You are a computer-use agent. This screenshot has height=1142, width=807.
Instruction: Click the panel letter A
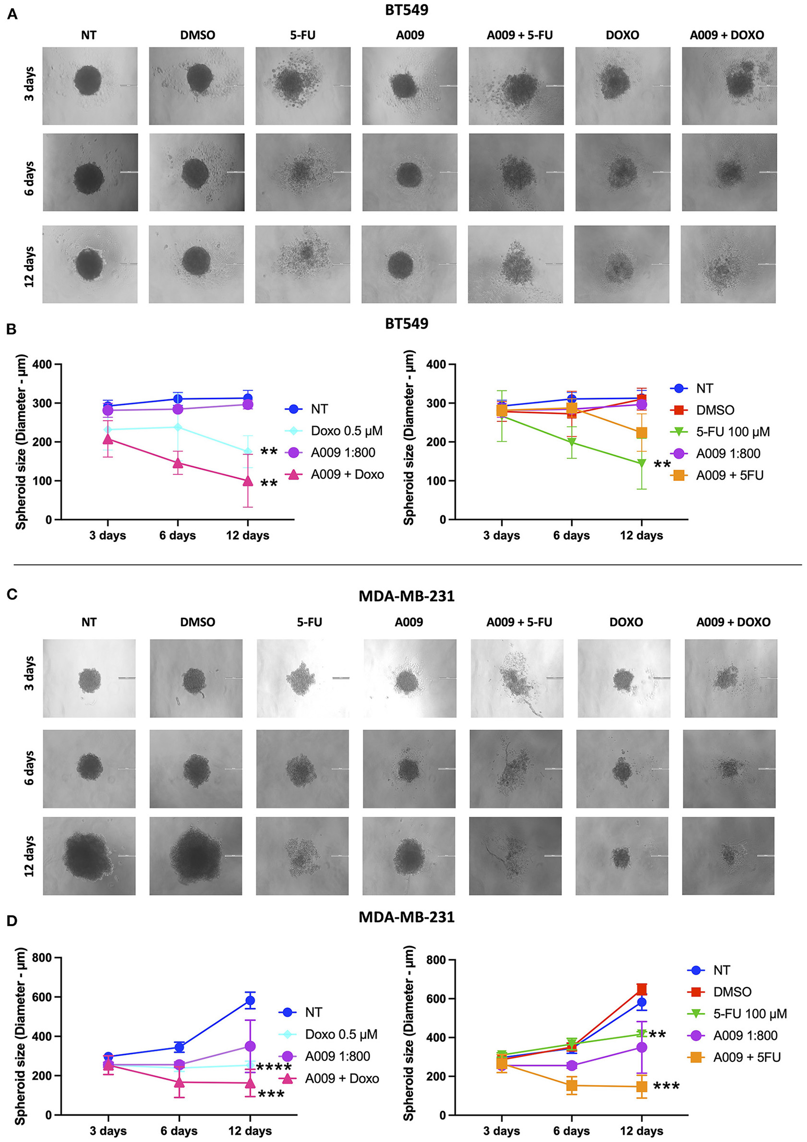(12, 14)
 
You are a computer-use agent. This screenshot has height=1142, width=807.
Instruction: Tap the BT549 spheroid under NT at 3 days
(88, 81)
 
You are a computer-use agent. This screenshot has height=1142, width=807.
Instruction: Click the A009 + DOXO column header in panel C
(733, 622)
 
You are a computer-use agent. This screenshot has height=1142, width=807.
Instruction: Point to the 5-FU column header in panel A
(303, 35)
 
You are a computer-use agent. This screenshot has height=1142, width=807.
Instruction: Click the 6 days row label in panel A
(29, 178)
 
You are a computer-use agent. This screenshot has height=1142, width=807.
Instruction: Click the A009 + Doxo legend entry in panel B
(347, 474)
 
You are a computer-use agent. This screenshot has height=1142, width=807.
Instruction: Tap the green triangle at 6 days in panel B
(571, 442)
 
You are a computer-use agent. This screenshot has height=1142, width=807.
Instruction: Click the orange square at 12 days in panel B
(641, 433)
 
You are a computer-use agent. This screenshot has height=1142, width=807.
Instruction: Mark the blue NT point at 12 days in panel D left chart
(250, 1000)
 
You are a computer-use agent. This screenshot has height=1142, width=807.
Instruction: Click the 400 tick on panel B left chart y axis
(42, 365)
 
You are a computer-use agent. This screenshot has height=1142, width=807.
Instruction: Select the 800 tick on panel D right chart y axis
(436, 960)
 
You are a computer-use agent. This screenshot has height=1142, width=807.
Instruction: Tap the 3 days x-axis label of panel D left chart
(108, 1131)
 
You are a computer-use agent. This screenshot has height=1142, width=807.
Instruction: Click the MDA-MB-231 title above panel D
(406, 917)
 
